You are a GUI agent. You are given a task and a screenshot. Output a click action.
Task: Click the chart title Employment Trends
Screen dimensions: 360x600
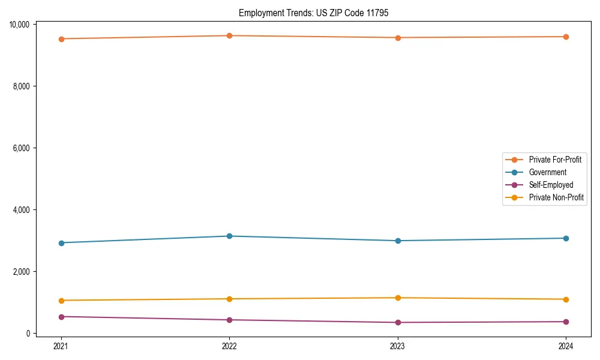(x=313, y=13)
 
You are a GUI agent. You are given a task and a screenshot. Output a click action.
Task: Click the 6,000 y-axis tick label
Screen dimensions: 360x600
(x=22, y=148)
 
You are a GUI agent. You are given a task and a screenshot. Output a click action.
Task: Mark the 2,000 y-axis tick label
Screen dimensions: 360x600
(x=22, y=272)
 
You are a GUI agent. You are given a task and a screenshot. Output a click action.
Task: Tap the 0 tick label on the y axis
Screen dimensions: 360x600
(x=28, y=334)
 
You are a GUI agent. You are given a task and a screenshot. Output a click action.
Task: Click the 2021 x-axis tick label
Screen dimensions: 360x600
(x=61, y=346)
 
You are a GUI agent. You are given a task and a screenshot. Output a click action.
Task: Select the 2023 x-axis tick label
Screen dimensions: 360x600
(x=398, y=346)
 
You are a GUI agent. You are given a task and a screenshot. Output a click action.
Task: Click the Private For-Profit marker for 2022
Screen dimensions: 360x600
(x=229, y=35)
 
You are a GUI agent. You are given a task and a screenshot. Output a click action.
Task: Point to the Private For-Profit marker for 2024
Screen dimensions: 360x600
(x=566, y=37)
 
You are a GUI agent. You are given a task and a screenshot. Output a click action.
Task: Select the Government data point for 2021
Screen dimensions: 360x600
(x=61, y=243)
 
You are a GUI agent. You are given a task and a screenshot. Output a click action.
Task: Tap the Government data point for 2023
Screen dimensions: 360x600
(x=398, y=241)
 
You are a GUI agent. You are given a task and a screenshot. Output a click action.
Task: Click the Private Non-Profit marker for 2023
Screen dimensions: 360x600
(x=398, y=298)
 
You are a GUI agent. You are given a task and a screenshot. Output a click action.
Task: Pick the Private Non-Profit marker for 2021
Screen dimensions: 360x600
(x=61, y=301)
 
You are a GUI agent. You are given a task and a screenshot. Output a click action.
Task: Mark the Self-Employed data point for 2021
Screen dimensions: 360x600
(x=61, y=316)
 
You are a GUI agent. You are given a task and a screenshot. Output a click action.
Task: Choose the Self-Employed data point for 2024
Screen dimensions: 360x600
(x=566, y=322)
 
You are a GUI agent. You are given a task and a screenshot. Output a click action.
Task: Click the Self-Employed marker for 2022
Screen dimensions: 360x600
(x=229, y=320)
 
